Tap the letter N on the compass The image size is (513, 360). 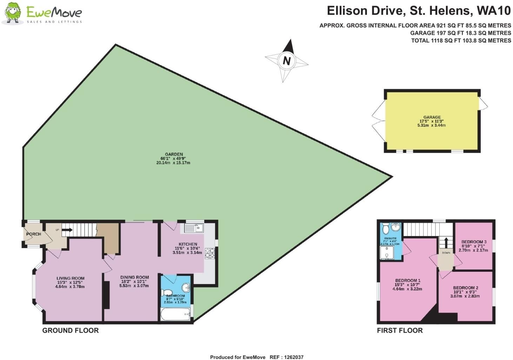click(x=287, y=61)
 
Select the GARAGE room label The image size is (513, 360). click(x=432, y=117)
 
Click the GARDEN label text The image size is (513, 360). click(x=174, y=154)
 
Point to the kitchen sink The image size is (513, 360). click(x=194, y=228)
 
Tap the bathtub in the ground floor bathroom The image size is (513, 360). click(x=175, y=314)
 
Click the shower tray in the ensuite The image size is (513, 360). click(x=387, y=253)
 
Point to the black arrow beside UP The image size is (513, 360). click(x=67, y=230)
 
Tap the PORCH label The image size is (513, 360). click(x=34, y=234)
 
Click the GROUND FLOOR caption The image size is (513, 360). click(x=71, y=330)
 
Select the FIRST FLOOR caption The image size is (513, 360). click(x=400, y=330)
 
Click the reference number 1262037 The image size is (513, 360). click(x=294, y=357)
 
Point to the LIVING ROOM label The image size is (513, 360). click(x=71, y=278)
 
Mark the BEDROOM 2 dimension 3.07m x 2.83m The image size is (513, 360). click(x=465, y=296)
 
